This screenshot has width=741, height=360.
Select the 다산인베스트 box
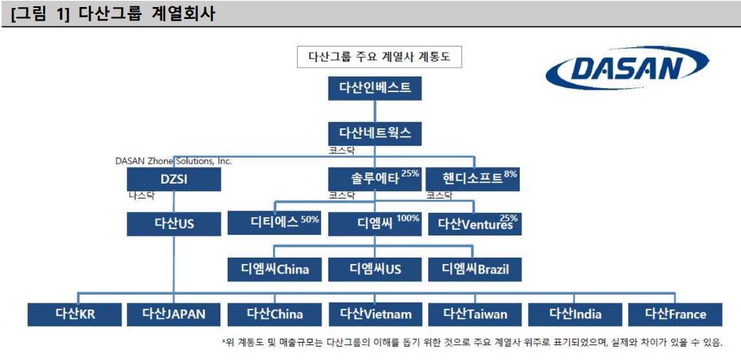tap(375, 87)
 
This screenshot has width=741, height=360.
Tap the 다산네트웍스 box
tap(375, 132)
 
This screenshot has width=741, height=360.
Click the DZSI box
tap(173, 180)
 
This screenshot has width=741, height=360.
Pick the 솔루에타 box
tap(375, 179)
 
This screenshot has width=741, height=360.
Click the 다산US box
tap(173, 224)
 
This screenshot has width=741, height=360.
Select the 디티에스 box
tap(274, 223)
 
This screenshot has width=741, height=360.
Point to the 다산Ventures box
tap(474, 224)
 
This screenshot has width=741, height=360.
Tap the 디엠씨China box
tap(274, 269)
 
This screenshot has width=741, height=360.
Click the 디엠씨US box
tap(375, 269)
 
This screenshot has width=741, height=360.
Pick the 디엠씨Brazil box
tap(474, 269)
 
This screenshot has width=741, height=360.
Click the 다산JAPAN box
tap(173, 314)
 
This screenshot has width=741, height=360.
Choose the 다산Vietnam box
tap(375, 314)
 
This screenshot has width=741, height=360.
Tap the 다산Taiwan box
tap(474, 314)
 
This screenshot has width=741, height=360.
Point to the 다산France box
tap(675, 314)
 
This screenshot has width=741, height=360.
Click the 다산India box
tap(575, 314)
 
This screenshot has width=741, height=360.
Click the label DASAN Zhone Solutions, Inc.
tap(173, 161)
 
